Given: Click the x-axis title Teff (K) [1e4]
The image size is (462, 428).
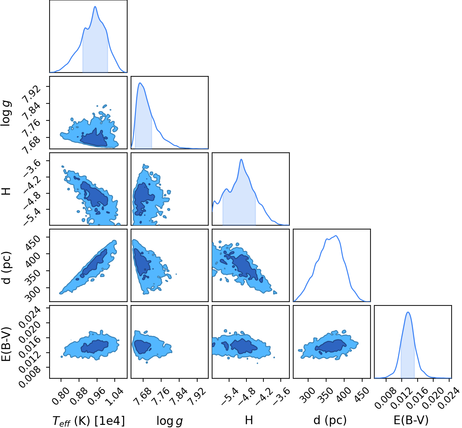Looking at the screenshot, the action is pos(89,421).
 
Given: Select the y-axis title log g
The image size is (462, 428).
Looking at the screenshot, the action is pos(6,113).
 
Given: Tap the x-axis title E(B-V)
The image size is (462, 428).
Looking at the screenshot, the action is pos(411,420).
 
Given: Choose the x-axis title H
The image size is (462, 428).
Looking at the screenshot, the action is pos(249,420).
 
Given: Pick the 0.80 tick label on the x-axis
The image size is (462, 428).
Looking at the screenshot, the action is pos(61,396).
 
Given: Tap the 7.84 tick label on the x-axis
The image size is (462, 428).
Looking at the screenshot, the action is pos(178,396).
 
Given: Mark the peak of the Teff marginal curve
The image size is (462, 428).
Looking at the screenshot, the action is pos(95,6).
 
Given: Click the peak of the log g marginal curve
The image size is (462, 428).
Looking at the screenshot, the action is pos(140,83).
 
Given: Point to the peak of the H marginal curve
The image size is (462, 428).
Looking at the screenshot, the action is pos(242,159).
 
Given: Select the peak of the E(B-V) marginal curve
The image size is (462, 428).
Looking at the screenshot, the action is pos(408,312).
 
